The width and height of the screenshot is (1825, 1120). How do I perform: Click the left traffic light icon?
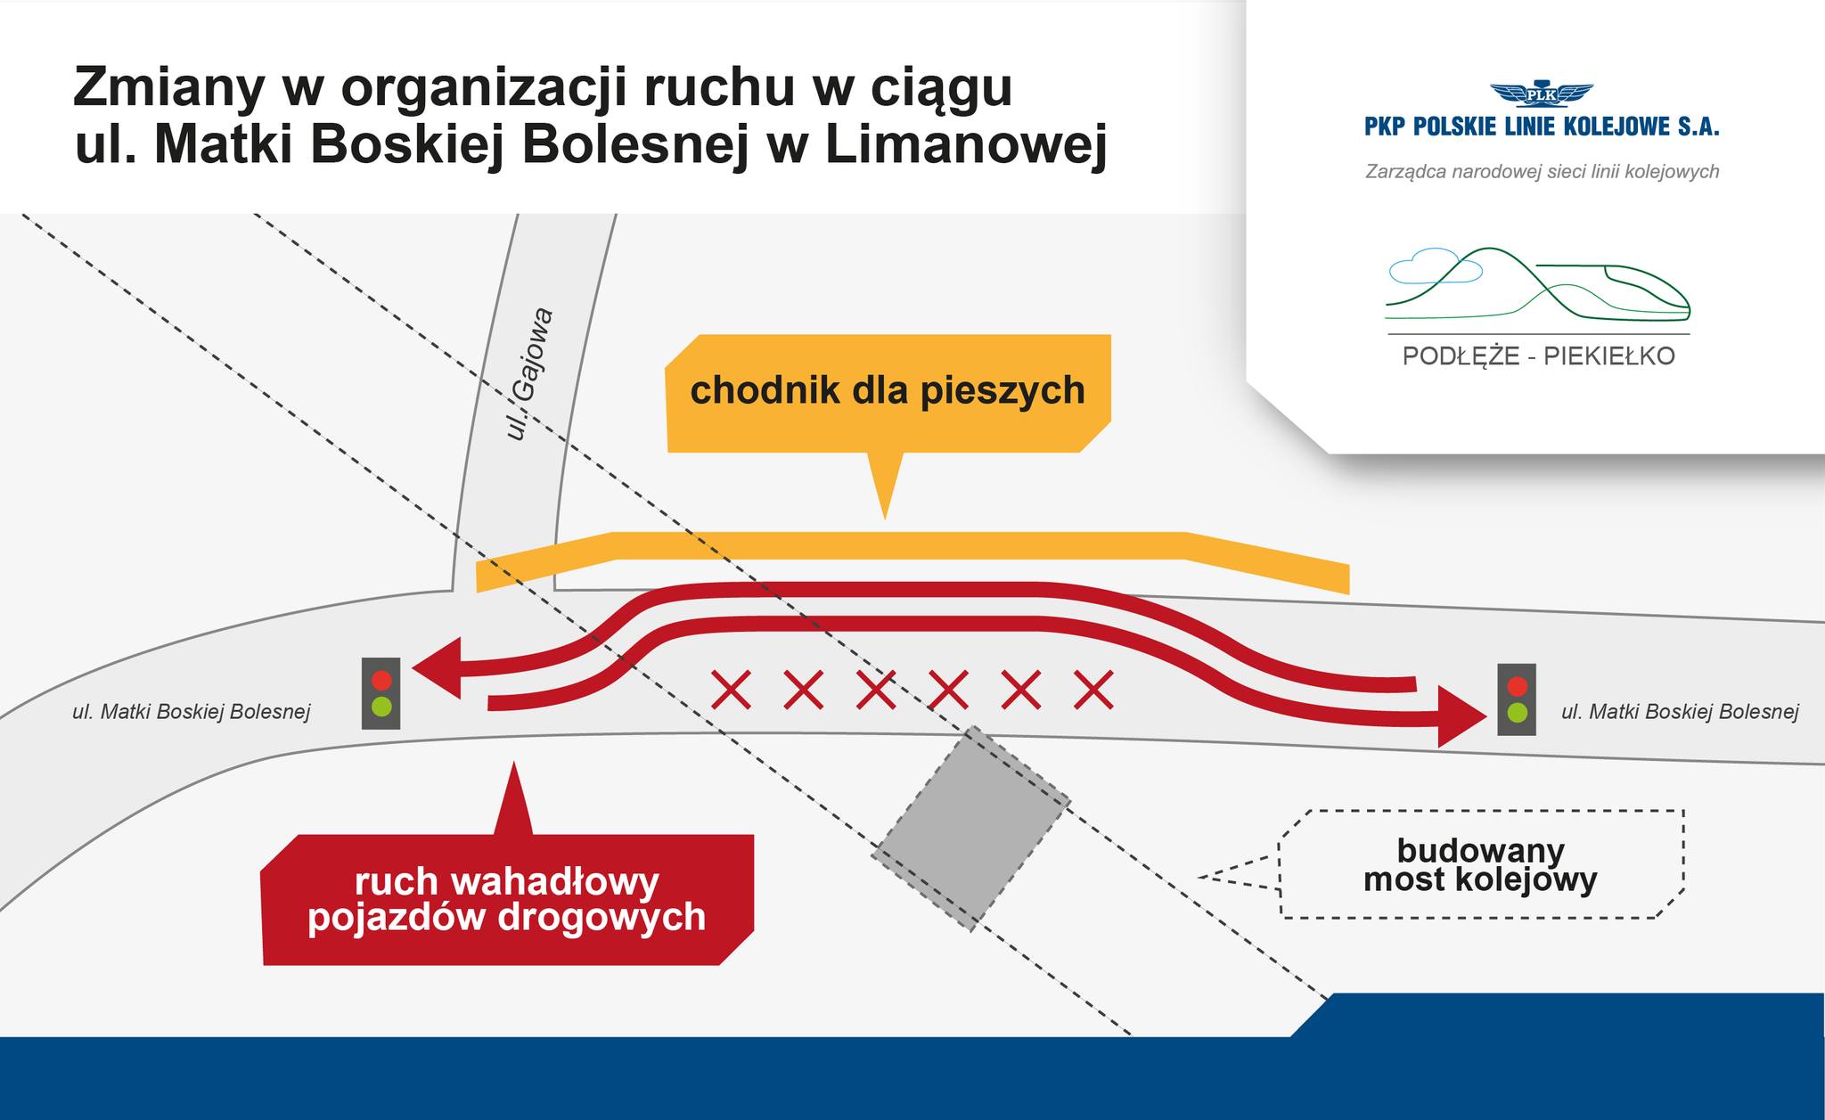381,693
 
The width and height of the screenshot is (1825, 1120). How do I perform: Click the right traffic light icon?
1516,699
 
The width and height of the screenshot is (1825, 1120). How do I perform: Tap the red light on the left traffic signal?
381,680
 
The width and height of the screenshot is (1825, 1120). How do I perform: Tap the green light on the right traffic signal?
1516,713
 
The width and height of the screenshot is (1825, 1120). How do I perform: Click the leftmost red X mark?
731,690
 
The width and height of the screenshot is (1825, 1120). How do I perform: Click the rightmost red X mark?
1093,690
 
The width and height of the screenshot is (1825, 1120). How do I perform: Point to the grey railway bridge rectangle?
970,829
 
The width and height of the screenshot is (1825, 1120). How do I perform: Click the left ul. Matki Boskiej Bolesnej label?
192,712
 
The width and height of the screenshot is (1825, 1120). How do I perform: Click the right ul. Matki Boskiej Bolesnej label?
1680,712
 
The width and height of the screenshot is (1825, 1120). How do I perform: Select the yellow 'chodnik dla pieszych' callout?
888,392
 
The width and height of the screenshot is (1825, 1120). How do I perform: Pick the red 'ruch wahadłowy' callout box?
507,899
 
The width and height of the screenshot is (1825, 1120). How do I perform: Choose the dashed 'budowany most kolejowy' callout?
1480,864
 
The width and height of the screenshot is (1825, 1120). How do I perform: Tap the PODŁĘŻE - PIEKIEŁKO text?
1539,356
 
